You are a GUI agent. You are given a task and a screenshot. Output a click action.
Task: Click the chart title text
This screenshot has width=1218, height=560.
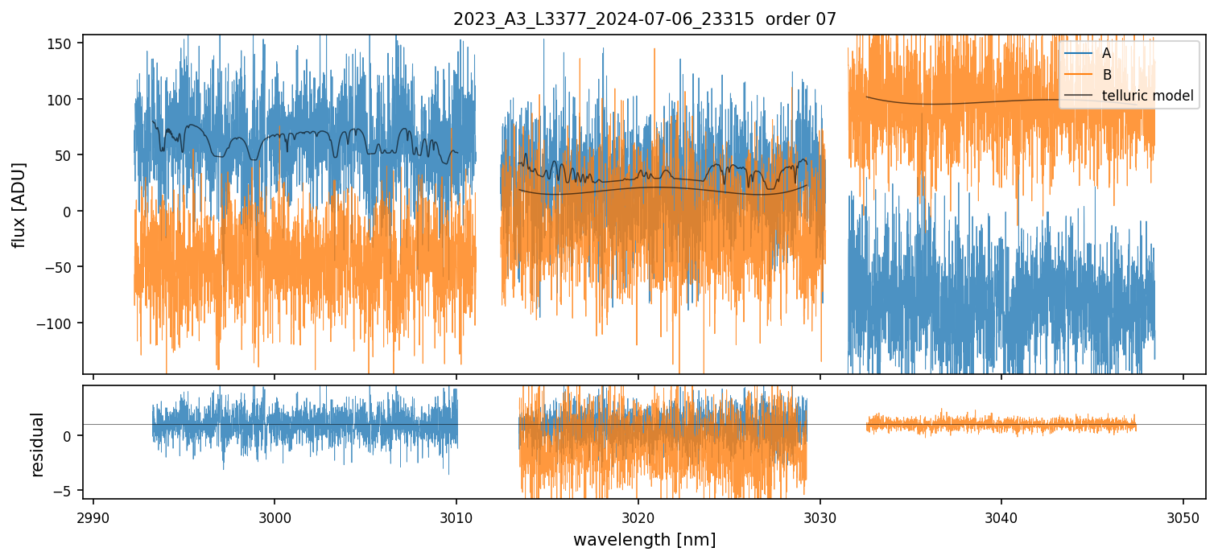[644, 19]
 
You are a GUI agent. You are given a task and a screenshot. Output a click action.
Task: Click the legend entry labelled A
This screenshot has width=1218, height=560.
[1107, 53]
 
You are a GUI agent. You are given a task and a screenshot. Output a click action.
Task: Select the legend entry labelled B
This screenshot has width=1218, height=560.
[1107, 75]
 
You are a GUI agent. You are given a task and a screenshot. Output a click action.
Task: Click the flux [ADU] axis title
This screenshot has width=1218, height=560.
[18, 204]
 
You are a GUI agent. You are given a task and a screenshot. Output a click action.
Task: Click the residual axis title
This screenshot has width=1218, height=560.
[37, 444]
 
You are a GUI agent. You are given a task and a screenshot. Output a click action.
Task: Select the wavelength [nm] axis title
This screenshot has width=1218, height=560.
[644, 539]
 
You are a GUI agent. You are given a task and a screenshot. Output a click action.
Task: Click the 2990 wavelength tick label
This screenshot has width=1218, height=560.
[93, 517]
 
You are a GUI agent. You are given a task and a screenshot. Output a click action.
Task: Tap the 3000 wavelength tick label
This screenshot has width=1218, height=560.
[275, 517]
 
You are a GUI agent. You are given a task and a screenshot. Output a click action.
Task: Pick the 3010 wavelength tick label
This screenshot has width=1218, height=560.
[456, 517]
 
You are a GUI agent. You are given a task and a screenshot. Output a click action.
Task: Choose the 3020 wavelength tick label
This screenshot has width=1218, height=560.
[638, 517]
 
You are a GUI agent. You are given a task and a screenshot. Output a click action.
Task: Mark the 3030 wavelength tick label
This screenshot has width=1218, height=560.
[820, 517]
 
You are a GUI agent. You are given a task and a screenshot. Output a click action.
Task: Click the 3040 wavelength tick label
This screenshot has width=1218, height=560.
[1001, 517]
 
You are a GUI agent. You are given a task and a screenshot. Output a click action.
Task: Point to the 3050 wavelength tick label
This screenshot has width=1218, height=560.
[1183, 517]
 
